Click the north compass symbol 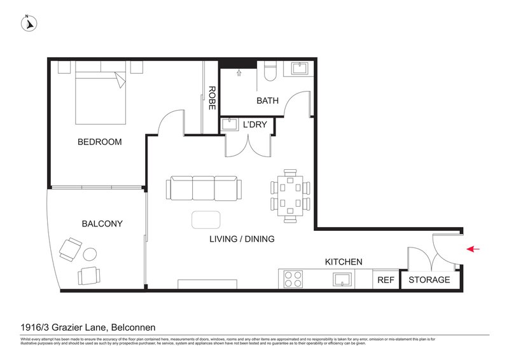29,23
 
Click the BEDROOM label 99,142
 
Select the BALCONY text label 102,224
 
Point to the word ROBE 212,99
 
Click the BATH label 267,100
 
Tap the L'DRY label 255,125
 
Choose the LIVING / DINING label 242,240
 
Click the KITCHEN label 344,261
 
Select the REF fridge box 386,280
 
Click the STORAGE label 429,280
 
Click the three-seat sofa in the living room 204,189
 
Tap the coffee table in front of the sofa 207,219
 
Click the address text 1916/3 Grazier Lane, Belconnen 85,328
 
